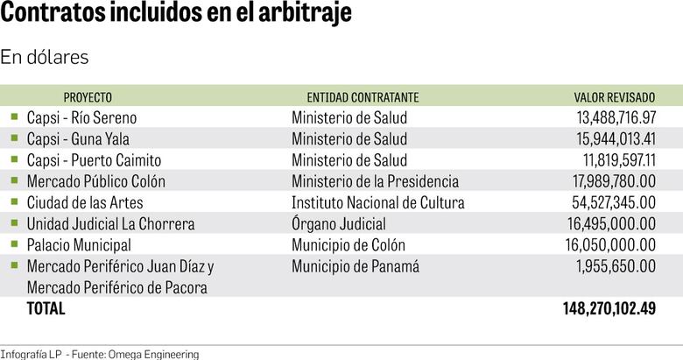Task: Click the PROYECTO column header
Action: (x=88, y=97)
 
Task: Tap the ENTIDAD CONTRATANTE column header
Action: (x=363, y=97)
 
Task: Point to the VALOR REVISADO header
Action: (x=615, y=97)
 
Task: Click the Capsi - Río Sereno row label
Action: (x=81, y=117)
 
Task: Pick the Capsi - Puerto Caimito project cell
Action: (x=94, y=160)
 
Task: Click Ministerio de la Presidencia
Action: (x=375, y=181)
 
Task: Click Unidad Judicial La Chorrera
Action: (x=110, y=224)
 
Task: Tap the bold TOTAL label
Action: (x=46, y=308)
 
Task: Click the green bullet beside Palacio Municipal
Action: (x=14, y=244)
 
